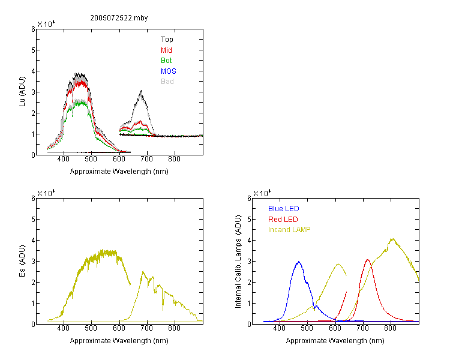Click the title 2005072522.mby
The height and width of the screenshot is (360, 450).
coord(119,18)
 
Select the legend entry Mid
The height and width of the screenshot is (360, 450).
coord(166,50)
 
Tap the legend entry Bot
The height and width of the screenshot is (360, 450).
coord(166,61)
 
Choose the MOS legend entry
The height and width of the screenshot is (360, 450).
coord(169,71)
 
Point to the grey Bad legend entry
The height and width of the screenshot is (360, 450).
coord(167,82)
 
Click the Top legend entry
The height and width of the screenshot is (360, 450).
coord(167,40)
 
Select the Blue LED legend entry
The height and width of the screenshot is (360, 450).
coord(284,209)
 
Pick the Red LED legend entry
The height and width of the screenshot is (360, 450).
coord(283,220)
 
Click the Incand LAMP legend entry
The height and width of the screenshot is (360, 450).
coord(289,230)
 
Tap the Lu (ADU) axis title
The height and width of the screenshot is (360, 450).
coord(22,92)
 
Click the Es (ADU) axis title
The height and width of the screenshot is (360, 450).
coord(22,261)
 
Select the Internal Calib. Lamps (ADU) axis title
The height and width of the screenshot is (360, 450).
coord(238,262)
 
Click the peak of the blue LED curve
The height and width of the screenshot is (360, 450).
coord(299,262)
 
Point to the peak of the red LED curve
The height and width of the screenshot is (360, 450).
coord(368,260)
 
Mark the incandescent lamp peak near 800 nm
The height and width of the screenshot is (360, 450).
coord(392,239)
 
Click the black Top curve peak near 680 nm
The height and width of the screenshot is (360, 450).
coord(141,91)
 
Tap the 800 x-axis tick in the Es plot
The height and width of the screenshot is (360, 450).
coord(174,328)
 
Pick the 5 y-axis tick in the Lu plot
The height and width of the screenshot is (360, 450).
coord(33,50)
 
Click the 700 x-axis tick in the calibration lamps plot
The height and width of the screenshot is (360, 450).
coord(362,328)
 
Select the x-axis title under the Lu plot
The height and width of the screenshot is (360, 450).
coord(119,172)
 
